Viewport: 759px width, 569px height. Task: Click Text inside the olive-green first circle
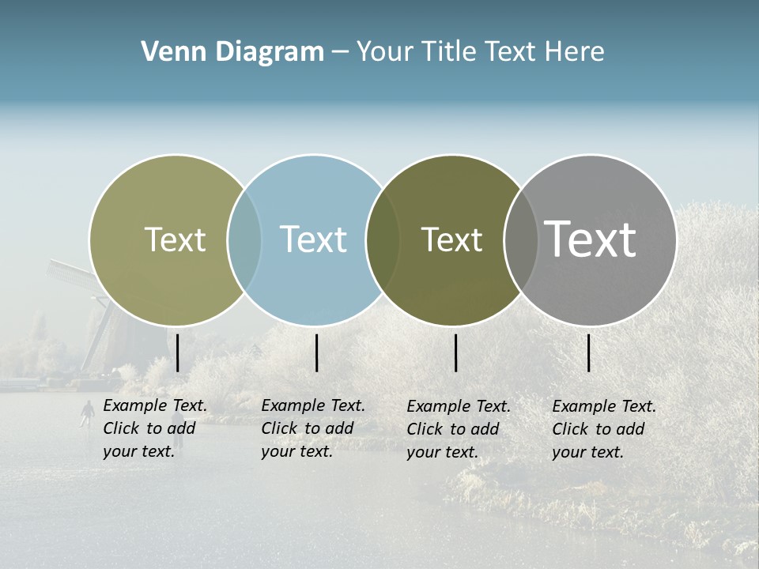tap(175, 239)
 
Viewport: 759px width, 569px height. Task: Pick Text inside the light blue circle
tap(313, 239)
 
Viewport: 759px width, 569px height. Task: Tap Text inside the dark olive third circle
tap(451, 239)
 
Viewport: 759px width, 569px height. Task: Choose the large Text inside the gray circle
tap(591, 239)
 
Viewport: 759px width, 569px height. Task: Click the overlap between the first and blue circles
tap(244, 240)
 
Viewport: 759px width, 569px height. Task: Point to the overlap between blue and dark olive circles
tap(383, 240)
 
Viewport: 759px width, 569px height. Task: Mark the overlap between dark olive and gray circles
tap(521, 240)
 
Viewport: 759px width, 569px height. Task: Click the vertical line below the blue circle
tap(316, 352)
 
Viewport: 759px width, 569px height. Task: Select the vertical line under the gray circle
tap(588, 352)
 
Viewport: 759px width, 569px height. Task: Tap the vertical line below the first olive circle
tap(178, 352)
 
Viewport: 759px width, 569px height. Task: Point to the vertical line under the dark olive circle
tap(455, 352)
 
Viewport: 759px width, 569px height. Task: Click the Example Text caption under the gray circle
tap(603, 429)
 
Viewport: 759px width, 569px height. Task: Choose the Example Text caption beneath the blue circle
tap(312, 428)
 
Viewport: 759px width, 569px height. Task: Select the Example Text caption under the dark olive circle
tap(458, 429)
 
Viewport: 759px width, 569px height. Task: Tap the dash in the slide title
tap(340, 52)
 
